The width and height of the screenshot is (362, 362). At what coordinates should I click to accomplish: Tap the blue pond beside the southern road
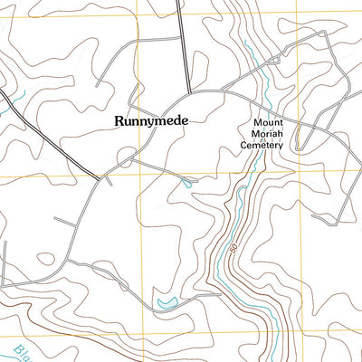click(x=166, y=301)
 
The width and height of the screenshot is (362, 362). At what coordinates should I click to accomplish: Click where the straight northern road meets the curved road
click(x=190, y=91)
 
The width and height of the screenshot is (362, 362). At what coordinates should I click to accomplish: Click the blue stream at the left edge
click(x=7, y=104)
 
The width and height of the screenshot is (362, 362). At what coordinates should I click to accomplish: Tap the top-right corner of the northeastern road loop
click(x=327, y=33)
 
